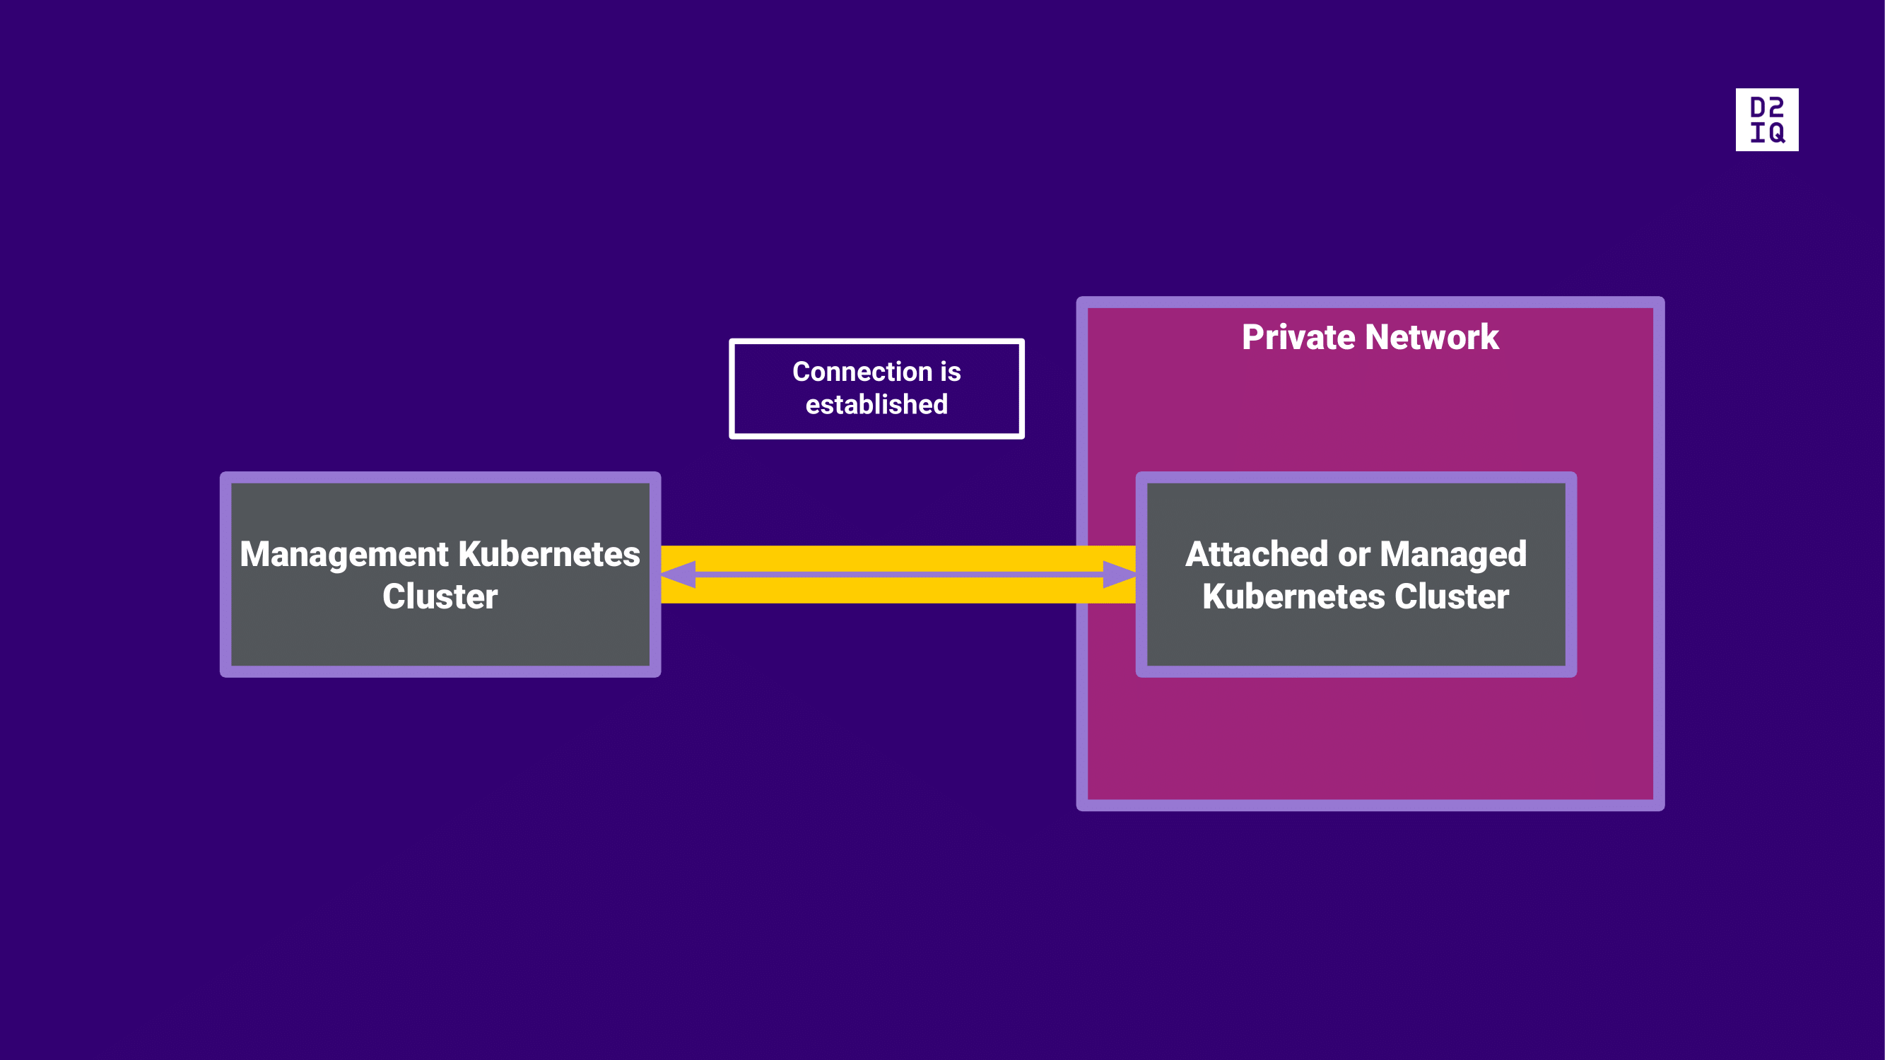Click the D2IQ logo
(1766, 120)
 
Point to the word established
(876, 404)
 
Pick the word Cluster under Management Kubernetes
(440, 596)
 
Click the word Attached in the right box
(1257, 554)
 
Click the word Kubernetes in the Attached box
(1293, 596)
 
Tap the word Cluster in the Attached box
(1452, 596)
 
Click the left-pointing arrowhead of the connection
(679, 575)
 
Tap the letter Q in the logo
(1777, 133)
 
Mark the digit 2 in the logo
(1777, 107)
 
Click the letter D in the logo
(1757, 107)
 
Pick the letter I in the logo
(1757, 133)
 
